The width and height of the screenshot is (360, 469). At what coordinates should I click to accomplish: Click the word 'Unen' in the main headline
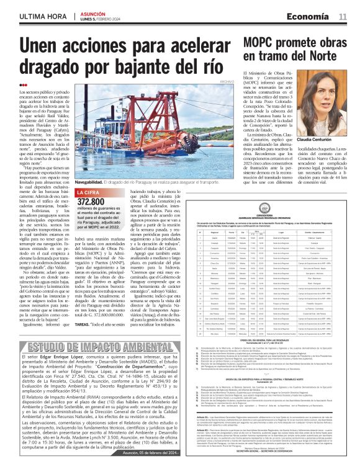click(x=46, y=47)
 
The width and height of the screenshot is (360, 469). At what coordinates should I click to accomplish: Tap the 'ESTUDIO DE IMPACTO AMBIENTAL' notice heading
click(x=101, y=346)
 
